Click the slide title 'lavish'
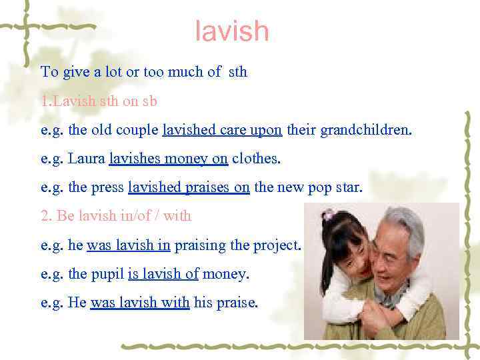pos(232,31)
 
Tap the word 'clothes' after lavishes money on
pos(255,159)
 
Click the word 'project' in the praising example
pos(277,245)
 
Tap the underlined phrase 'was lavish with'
pos(140,302)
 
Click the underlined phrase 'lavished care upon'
pos(222,130)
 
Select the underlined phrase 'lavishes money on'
pos(169,159)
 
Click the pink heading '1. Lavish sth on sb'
pos(99,101)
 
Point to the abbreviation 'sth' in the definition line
pos(237,72)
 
